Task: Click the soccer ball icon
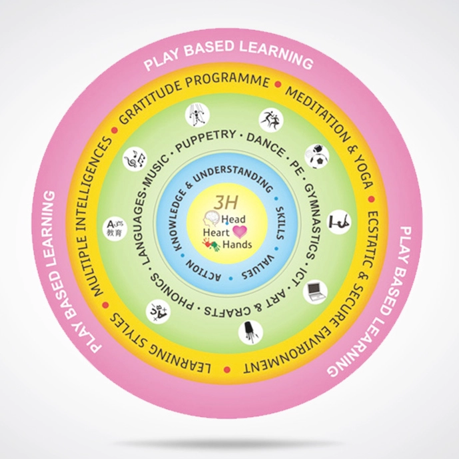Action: point(317,156)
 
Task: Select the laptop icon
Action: point(315,292)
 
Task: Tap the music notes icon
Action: point(136,160)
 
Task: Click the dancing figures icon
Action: point(270,119)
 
